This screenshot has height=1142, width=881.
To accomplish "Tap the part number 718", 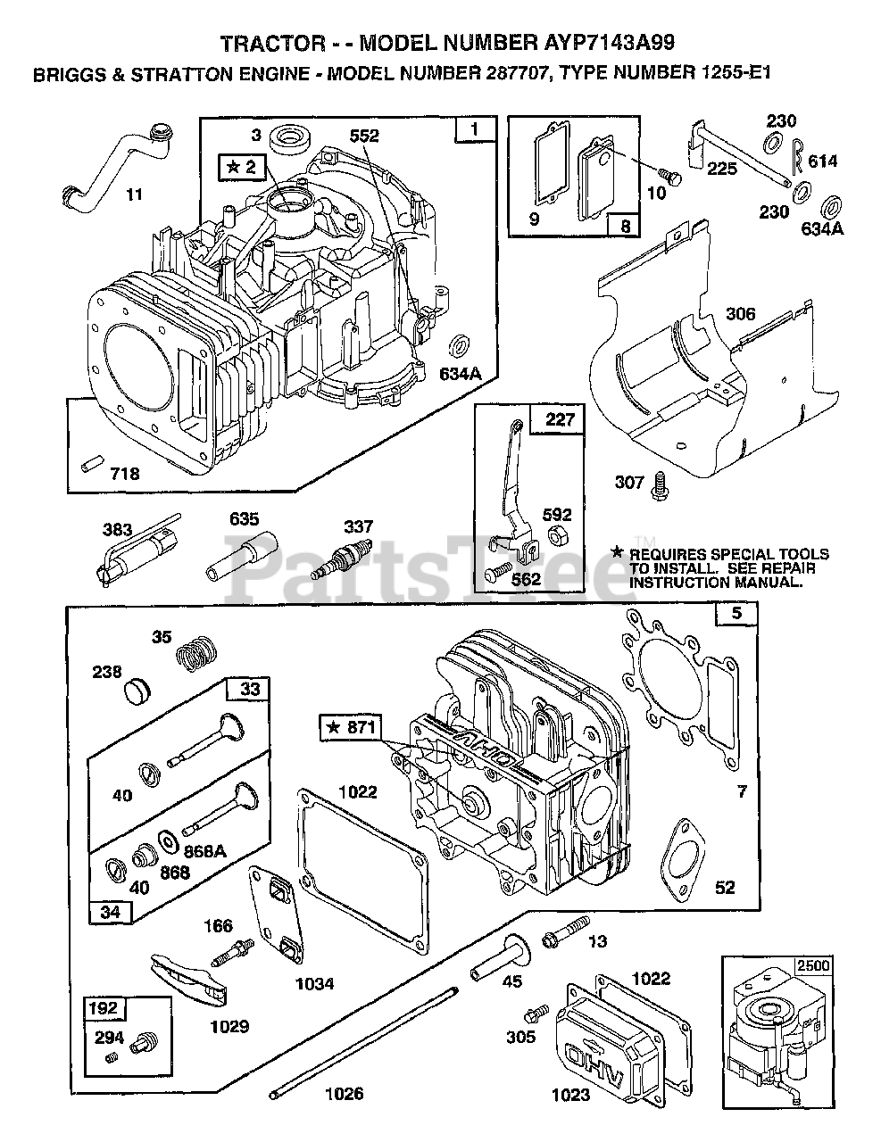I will click(x=125, y=475).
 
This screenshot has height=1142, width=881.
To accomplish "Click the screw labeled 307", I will click(x=661, y=482).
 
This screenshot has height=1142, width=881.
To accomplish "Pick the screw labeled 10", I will click(x=672, y=176).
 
